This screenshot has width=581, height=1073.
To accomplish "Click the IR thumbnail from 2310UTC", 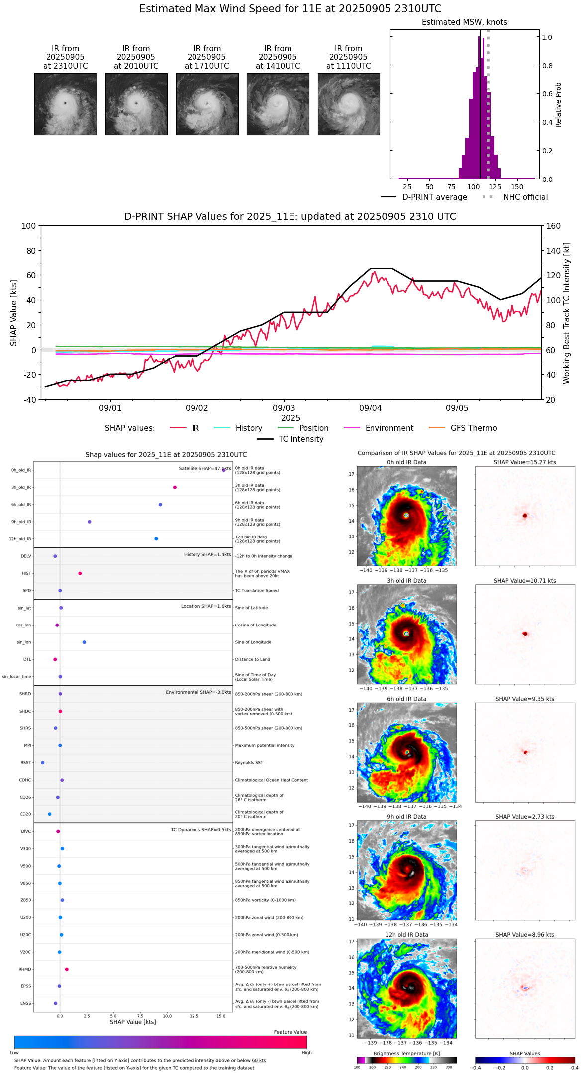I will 65,104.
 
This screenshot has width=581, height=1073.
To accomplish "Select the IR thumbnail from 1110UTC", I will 349,104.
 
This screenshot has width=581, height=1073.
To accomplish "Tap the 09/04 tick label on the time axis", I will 370,408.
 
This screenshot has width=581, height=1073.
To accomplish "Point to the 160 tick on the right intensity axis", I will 553,226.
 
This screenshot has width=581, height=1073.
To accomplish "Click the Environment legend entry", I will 389,428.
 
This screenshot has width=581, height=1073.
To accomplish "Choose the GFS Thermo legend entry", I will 474,428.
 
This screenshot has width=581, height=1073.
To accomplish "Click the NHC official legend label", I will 525,197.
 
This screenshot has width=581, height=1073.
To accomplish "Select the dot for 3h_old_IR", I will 175,487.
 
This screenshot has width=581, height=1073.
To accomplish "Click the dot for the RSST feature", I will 43,762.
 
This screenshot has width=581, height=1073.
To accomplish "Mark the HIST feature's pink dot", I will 80,573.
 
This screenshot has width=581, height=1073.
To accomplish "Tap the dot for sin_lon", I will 84,642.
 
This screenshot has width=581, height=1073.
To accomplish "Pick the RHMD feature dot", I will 67,969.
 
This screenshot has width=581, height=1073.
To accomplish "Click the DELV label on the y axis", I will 26,556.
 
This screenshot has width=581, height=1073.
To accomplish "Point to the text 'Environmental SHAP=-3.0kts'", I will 198,692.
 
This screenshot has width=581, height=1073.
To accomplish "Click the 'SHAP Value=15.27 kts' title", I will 525,462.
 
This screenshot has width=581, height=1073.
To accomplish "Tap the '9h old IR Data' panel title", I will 406,817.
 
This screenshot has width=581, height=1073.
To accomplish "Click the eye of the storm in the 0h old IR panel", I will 406,515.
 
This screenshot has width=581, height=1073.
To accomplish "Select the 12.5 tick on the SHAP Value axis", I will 194,1016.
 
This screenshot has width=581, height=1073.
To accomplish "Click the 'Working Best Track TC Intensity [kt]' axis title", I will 566,313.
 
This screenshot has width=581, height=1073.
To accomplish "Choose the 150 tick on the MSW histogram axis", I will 517,187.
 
